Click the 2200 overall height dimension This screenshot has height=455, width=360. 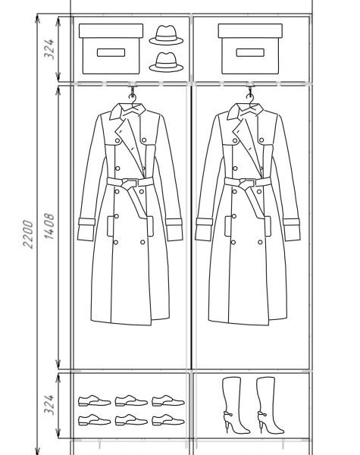tap(28, 234)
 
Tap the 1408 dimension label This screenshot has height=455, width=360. tap(49, 226)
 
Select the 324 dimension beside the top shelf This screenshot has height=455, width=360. tap(49, 49)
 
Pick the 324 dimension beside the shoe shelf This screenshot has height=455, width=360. tap(49, 404)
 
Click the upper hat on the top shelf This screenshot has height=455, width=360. tap(166, 35)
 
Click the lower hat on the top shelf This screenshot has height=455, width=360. tap(166, 62)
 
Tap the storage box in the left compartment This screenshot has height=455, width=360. tap(111, 49)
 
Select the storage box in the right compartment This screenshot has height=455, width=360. tap(250, 49)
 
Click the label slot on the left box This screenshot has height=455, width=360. tap(111, 52)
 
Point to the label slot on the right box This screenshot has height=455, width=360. tap(250, 52)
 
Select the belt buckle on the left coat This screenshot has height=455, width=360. tap(130, 184)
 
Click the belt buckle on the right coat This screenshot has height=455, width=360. tap(247, 184)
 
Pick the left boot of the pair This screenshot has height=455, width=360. tap(235, 405)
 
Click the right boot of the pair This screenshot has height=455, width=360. tap(269, 405)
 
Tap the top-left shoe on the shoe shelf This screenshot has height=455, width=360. tap(94, 400)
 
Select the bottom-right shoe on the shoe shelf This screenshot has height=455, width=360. tap(168, 420)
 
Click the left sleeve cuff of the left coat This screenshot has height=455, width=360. tap(86, 229)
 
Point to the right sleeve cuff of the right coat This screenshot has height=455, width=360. tap(292, 229)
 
